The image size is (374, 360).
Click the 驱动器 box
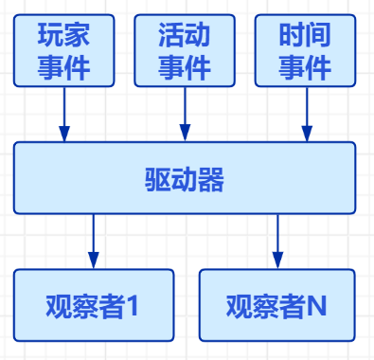coord(185,178)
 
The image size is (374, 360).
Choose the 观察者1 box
coord(94,305)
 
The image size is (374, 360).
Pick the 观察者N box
coord(277,305)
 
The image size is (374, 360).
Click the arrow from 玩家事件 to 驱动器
coord(64,115)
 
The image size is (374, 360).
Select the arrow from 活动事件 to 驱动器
coord(185,115)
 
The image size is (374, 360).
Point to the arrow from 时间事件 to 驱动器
coord(305,115)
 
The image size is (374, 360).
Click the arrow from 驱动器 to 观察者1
coord(94,242)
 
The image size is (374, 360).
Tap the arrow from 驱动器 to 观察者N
coord(277,242)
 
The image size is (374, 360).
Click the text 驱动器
coord(185,179)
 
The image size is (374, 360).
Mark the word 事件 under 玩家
coord(64,67)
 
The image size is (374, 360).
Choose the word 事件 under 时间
coord(305,67)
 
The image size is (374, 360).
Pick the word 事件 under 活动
coord(184,67)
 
